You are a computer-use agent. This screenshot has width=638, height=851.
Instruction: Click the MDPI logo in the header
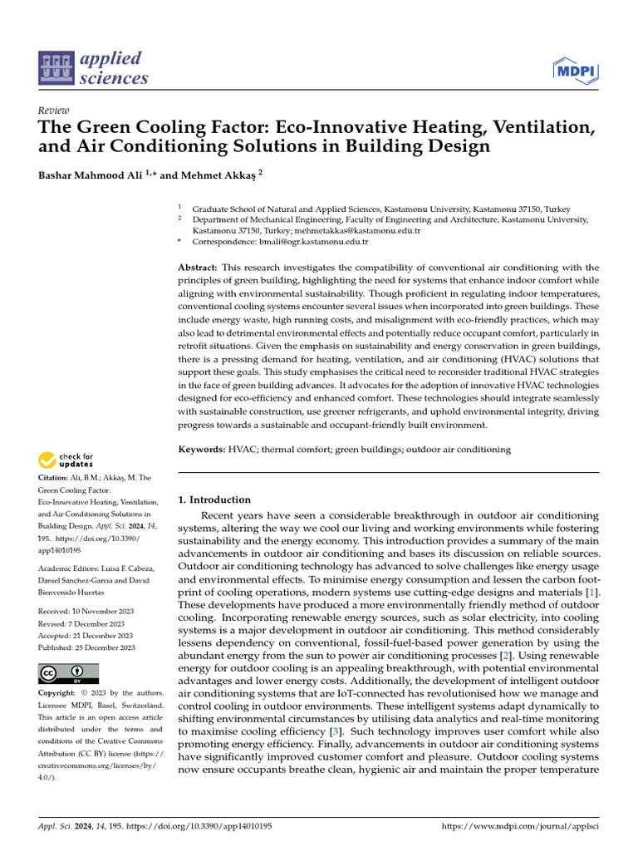[576, 71]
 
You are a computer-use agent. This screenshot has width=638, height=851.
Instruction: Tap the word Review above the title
[54, 111]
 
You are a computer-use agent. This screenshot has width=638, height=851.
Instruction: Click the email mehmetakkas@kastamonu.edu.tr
[364, 230]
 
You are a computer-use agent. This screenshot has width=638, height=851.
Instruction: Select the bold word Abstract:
[198, 268]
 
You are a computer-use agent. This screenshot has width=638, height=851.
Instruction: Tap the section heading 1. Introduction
[214, 499]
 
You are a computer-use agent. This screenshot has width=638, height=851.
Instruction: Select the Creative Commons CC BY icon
[68, 673]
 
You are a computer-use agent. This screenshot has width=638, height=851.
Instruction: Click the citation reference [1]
[591, 591]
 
